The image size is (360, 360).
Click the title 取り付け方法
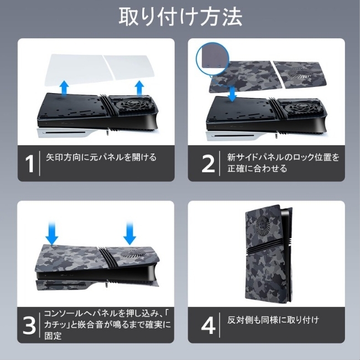[181, 17]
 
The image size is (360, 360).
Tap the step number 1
[29, 163]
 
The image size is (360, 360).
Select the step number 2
[208, 163]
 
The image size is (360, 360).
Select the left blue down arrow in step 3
[52, 233]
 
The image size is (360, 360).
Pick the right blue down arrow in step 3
[130, 233]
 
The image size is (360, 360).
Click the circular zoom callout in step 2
[213, 59]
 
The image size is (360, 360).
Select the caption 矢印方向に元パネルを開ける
[101, 157]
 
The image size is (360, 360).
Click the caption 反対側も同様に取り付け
[273, 320]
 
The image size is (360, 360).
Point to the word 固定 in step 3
[53, 336]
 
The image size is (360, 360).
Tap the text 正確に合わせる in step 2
[258, 169]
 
